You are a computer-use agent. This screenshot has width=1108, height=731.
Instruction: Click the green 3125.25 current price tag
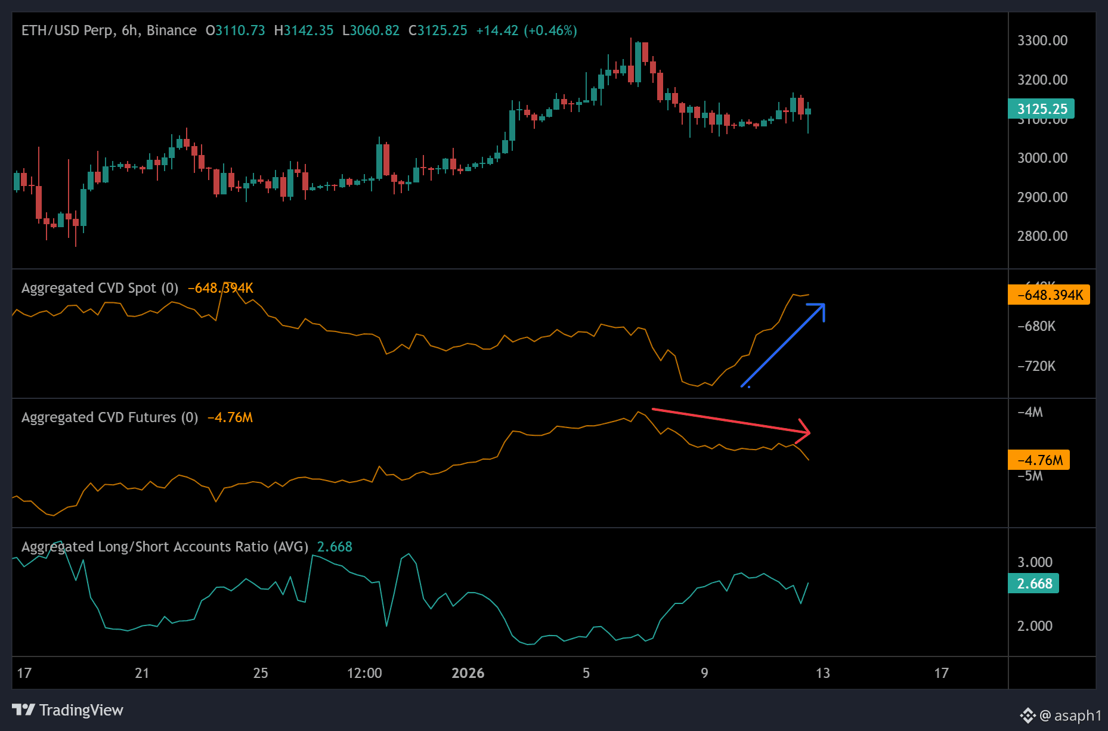(1041, 109)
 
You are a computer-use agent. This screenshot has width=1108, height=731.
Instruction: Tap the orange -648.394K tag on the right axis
(1049, 295)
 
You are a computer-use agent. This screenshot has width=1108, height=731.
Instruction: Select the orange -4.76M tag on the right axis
(1039, 460)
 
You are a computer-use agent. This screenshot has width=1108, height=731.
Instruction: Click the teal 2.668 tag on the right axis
(1033, 584)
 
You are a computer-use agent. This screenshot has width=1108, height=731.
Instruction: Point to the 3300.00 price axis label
(1042, 41)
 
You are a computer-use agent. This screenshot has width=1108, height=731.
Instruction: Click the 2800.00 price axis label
(1042, 236)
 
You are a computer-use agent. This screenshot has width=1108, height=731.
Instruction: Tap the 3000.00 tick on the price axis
(1042, 158)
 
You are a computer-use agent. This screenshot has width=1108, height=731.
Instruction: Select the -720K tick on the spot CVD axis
(1036, 366)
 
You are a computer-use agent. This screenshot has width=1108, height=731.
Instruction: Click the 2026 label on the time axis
(468, 673)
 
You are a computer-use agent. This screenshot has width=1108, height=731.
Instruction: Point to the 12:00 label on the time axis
(364, 673)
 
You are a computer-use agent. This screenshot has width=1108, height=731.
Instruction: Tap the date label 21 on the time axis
(142, 673)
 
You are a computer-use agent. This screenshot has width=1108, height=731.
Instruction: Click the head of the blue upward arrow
(822, 306)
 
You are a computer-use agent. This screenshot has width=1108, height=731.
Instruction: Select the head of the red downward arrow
(807, 432)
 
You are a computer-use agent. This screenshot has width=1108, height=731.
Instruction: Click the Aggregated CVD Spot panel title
(100, 288)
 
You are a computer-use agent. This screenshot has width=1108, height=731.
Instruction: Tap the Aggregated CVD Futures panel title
(110, 417)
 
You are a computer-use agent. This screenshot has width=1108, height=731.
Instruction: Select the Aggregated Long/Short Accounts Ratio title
(165, 547)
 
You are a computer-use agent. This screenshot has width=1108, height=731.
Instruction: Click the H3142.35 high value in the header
(304, 30)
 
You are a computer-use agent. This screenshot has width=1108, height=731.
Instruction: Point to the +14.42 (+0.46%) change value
(526, 30)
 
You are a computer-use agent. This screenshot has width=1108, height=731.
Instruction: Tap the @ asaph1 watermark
(1070, 715)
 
